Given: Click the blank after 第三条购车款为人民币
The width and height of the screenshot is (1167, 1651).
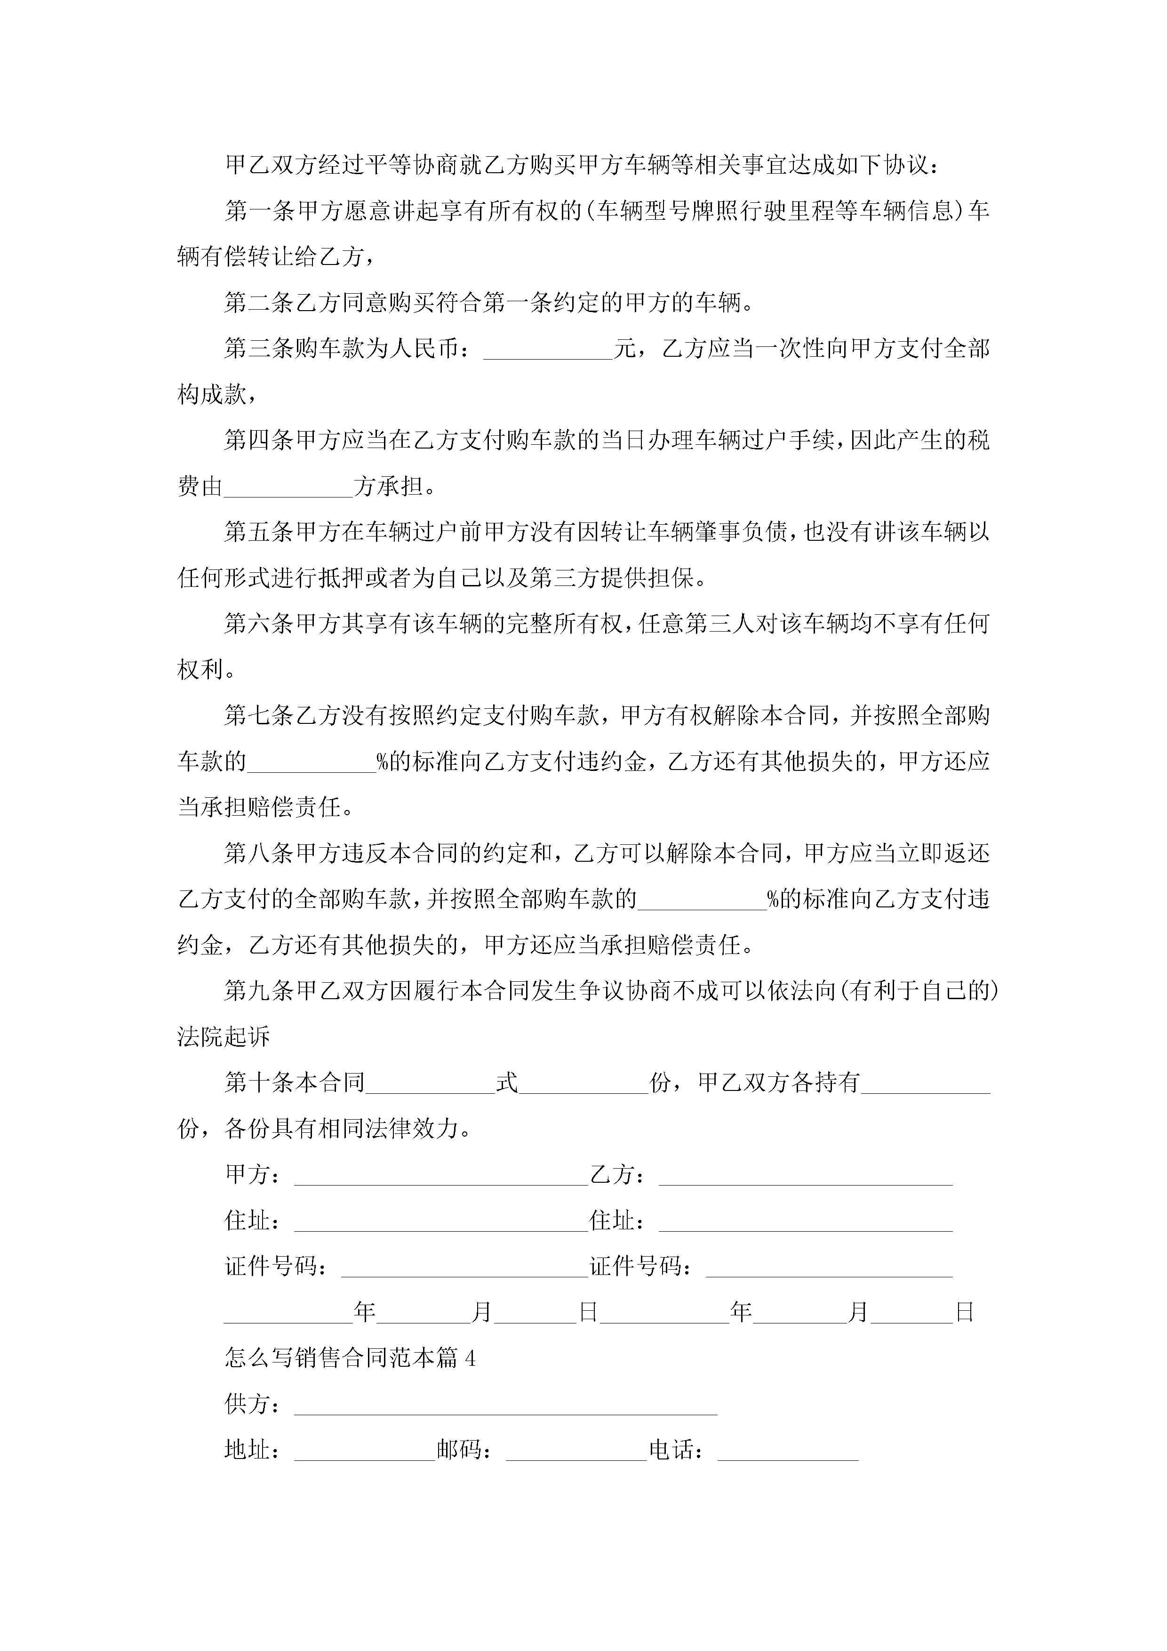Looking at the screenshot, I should pyautogui.click(x=548, y=351).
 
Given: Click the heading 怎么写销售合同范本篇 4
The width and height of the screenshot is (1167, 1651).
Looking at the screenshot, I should pyautogui.click(x=350, y=1358).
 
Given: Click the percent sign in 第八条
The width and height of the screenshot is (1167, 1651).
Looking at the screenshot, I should pyautogui.click(x=774, y=899).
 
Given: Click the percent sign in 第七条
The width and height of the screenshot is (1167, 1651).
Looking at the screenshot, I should pyautogui.click(x=383, y=761).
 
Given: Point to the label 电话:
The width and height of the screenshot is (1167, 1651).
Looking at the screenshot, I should pyautogui.click(x=676, y=1451).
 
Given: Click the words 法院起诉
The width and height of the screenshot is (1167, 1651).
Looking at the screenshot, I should pyautogui.click(x=224, y=1037).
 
